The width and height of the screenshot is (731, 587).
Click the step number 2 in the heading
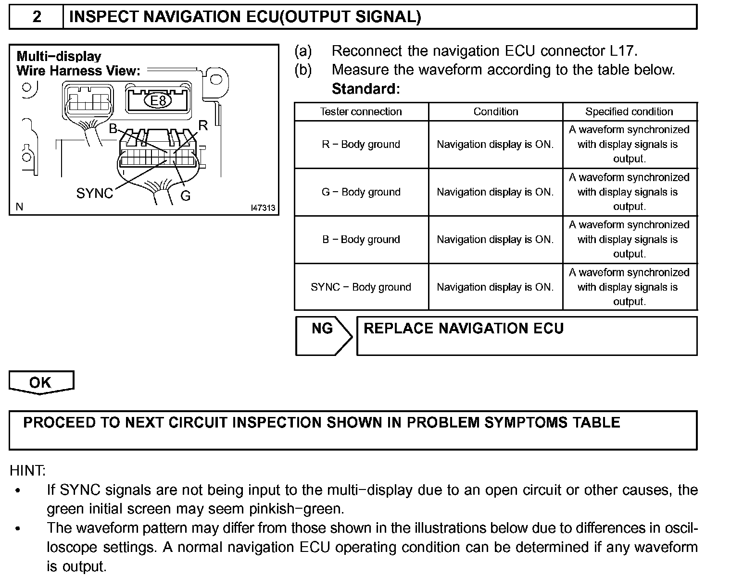[37, 17]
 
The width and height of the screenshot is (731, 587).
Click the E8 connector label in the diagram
[158, 101]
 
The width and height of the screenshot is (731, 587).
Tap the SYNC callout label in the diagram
[94, 194]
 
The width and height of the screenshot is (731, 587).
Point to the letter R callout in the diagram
[203, 126]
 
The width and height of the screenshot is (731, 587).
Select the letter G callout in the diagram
[185, 196]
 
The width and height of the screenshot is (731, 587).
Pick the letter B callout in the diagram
[113, 129]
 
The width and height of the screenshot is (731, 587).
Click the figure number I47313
[263, 208]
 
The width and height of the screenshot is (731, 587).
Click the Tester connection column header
[361, 111]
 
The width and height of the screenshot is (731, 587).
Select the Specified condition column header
[629, 111]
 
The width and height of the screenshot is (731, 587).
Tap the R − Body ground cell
[361, 144]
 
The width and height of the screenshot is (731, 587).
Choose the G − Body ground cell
[361, 192]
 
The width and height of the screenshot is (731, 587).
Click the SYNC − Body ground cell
[361, 287]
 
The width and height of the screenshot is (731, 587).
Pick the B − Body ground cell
[361, 239]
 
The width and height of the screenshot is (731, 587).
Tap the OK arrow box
[41, 382]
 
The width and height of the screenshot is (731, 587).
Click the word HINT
[27, 470]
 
